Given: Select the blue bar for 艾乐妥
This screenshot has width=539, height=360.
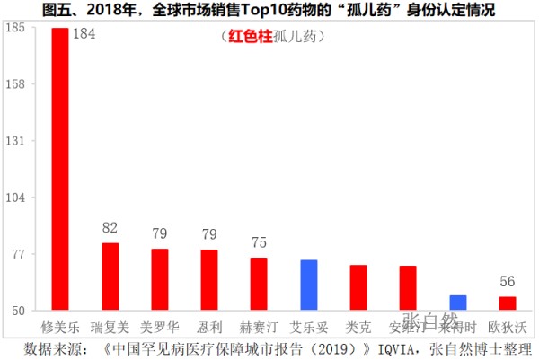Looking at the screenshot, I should coord(308,285).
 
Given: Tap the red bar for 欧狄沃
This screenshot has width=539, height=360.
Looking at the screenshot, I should coord(507,303).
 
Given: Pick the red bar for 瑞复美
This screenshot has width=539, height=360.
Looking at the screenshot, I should coord(110,277).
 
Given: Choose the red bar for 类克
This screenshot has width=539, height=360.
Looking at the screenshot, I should coord(358,287).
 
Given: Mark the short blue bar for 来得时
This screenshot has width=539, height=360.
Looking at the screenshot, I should coord(457,303).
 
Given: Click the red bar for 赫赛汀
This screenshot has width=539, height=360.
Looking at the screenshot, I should coord(259,284).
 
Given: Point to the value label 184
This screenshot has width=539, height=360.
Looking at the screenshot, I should coord(84,35).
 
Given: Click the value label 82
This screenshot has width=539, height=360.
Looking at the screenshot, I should coord(110,228).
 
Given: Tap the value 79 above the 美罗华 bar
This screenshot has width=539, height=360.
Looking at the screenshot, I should coord(160,234).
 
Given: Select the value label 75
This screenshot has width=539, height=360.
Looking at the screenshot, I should coord(259,242).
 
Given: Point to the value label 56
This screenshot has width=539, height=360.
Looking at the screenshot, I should coord(508,281).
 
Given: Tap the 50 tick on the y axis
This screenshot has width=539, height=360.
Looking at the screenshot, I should coord(17,311).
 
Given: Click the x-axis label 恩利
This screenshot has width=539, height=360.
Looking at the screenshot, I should coord(209,325).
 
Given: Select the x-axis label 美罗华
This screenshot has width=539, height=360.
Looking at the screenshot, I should coord(160,325).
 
